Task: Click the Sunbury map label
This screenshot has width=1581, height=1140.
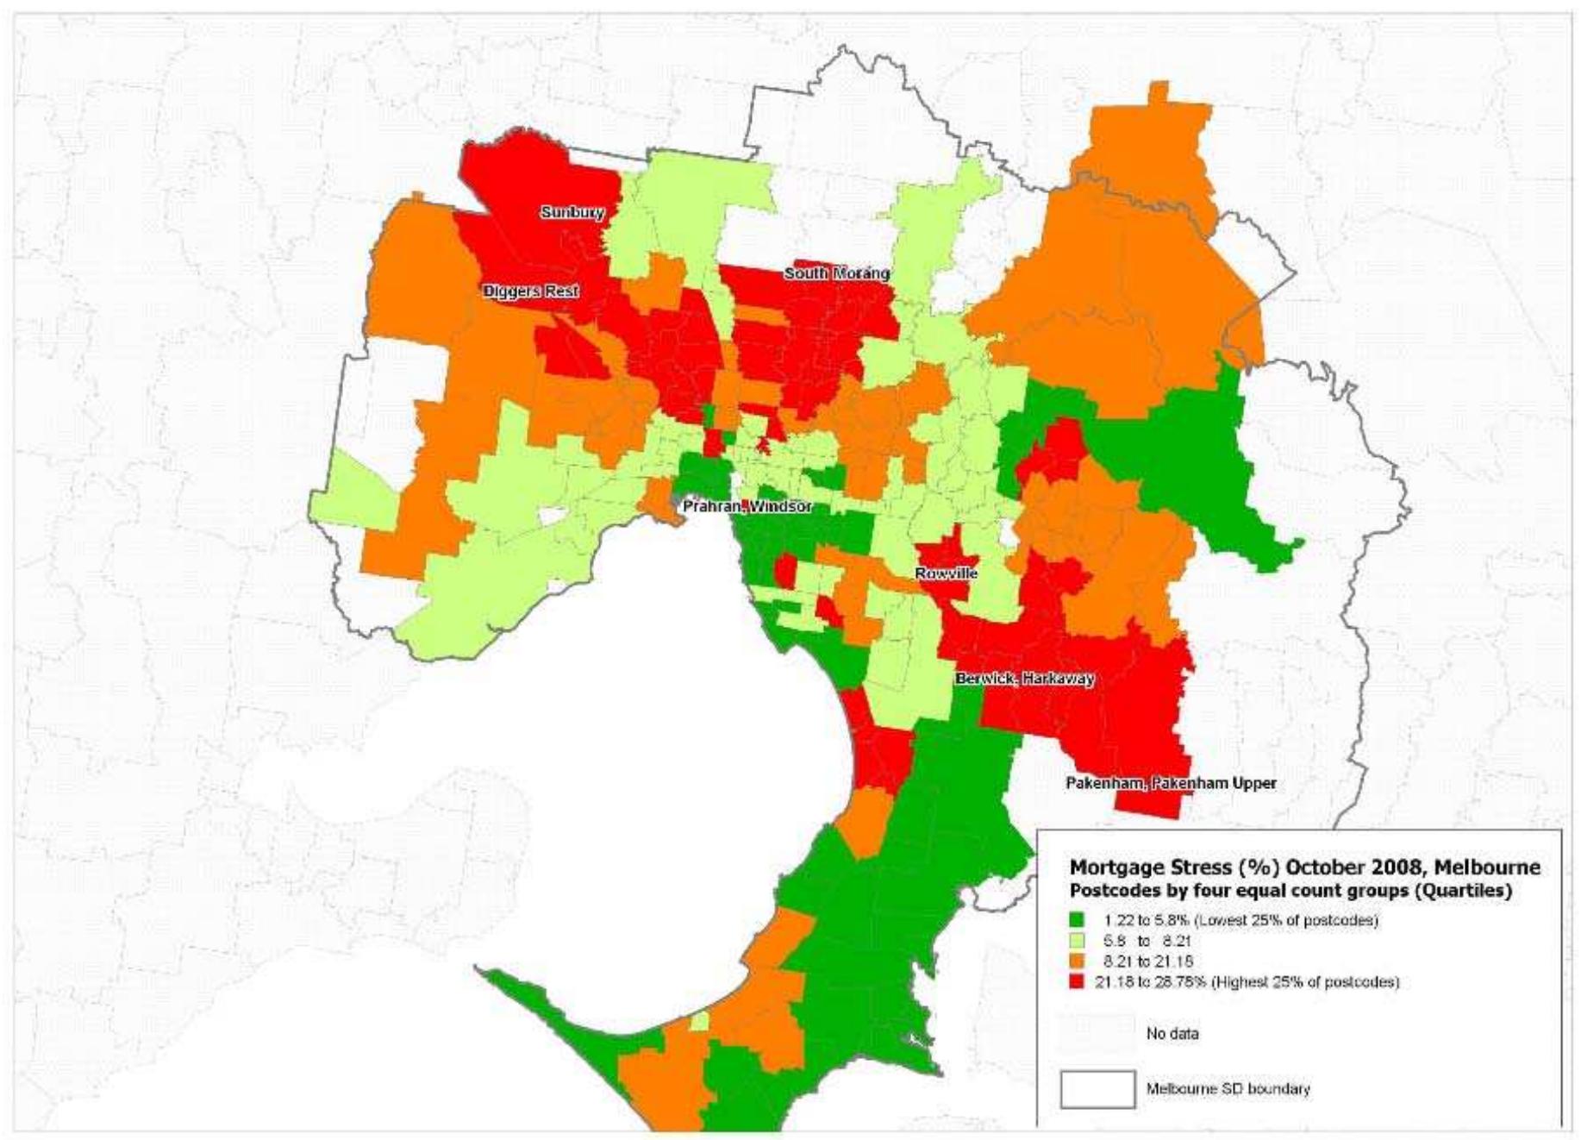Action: point(572,212)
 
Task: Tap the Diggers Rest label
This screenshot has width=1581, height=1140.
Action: point(530,291)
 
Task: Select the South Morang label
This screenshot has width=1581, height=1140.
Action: point(836,273)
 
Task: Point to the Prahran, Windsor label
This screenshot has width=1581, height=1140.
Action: point(747,507)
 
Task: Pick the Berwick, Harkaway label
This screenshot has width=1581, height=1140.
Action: point(1024,679)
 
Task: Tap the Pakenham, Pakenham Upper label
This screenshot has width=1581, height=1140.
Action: point(1171,783)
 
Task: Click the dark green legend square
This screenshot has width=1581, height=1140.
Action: point(1077,920)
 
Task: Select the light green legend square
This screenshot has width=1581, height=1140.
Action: point(1077,941)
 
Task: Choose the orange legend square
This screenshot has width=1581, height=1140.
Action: point(1077,961)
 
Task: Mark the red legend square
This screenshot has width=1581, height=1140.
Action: point(1077,981)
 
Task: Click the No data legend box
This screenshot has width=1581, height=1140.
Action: point(1097,1033)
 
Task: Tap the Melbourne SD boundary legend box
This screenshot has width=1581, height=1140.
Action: point(1097,1088)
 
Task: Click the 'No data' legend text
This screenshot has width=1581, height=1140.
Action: point(1172,1033)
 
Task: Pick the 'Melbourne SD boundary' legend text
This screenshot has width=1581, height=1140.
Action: point(1227,1088)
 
